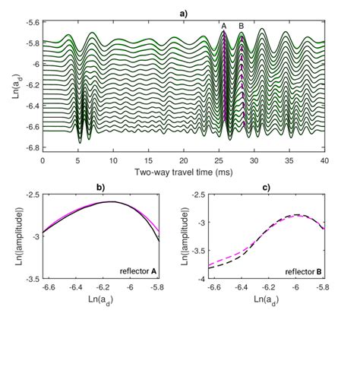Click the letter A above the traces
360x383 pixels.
tap(224, 27)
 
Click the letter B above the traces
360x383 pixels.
tap(242, 27)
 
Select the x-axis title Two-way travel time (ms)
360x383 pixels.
tap(183, 173)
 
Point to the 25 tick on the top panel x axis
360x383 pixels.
tap(219, 160)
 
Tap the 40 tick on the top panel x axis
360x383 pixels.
tap(324, 160)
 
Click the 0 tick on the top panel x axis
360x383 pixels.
tap(43, 160)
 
